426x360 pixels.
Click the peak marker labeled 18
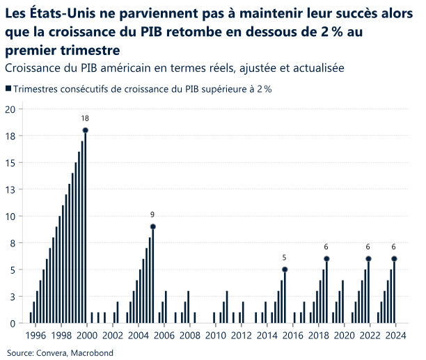tap(85, 130)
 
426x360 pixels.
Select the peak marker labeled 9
tap(152, 226)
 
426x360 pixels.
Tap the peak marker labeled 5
tap(285, 269)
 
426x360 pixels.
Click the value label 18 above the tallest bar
tap(85, 118)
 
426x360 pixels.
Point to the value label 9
tap(152, 214)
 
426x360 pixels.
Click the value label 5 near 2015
tap(285, 258)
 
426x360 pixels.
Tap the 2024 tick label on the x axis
tap(396, 335)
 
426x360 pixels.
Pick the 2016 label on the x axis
tap(293, 335)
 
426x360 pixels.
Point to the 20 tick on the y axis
tap(10, 109)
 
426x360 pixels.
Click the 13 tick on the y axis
tap(10, 189)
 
